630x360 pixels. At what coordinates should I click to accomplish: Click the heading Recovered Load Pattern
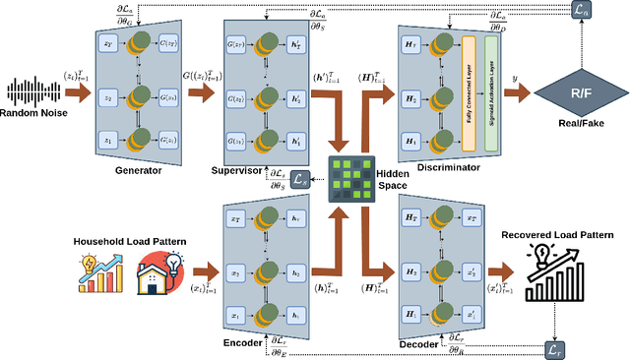(558, 235)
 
